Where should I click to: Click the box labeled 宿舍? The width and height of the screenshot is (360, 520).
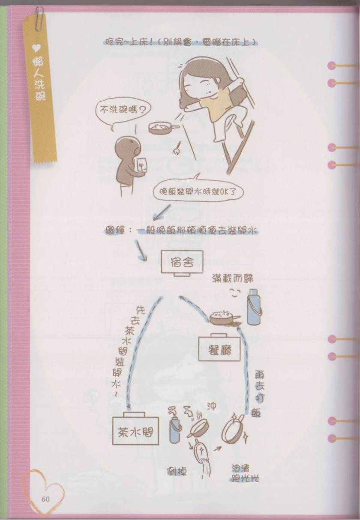tap(182, 262)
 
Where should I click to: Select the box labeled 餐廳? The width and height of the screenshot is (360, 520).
tap(219, 348)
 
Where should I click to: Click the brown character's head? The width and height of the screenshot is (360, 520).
tap(126, 146)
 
